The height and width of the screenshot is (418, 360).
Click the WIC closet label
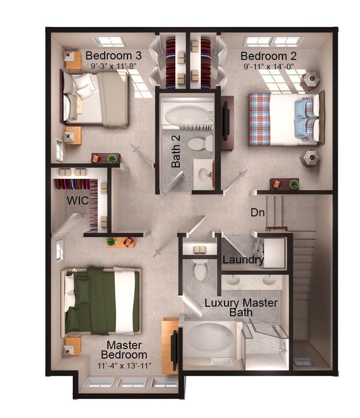tap(77, 201)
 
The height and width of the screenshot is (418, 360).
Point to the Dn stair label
tap(258, 213)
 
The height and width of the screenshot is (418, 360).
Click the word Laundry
tap(243, 260)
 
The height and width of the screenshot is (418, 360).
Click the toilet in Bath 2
tap(198, 143)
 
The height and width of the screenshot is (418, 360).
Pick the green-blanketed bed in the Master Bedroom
tap(102, 300)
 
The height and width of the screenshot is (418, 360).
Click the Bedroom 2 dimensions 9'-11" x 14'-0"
tap(268, 67)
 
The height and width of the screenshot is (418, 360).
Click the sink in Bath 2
tap(205, 174)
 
